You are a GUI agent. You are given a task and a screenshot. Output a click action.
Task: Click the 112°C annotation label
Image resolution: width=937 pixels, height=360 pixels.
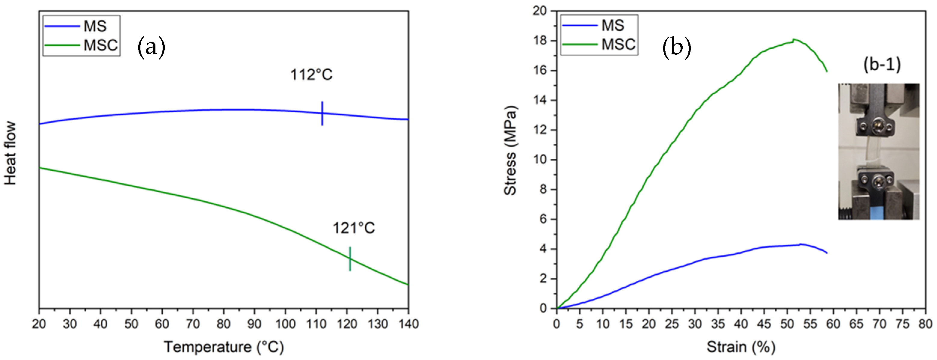[x=311, y=75]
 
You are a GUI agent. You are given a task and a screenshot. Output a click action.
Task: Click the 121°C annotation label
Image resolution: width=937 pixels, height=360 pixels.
[x=354, y=228]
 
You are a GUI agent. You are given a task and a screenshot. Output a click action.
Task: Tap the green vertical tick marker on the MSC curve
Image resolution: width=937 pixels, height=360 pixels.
[x=350, y=258]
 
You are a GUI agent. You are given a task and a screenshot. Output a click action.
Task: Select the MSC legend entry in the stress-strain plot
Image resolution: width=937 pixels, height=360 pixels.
[x=599, y=45]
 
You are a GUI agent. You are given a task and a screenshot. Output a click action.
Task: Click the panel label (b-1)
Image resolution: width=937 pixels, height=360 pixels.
[x=882, y=65]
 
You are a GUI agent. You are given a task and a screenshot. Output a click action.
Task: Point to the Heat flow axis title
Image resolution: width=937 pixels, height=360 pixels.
[x=11, y=153]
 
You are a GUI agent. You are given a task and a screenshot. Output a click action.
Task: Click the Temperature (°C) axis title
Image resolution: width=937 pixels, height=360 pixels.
[x=224, y=346]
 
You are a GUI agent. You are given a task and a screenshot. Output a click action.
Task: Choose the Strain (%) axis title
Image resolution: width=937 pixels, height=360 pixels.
[x=741, y=346]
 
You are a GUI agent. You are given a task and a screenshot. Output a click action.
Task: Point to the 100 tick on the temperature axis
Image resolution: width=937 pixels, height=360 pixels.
[x=285, y=324]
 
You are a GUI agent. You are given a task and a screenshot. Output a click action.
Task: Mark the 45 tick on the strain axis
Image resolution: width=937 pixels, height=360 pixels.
[x=764, y=324]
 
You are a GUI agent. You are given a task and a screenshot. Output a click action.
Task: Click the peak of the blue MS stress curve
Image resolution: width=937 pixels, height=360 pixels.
[x=800, y=244]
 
